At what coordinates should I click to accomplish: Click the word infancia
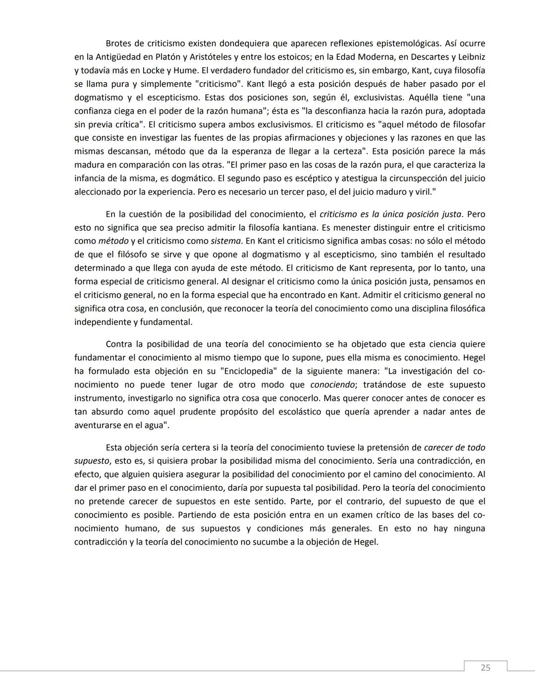click(x=91, y=178)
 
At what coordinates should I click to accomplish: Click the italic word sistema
click(x=226, y=241)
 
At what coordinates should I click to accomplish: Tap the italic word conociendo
click(x=332, y=384)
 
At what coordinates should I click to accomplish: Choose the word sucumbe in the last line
click(x=268, y=542)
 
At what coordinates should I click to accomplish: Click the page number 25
click(x=485, y=667)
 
